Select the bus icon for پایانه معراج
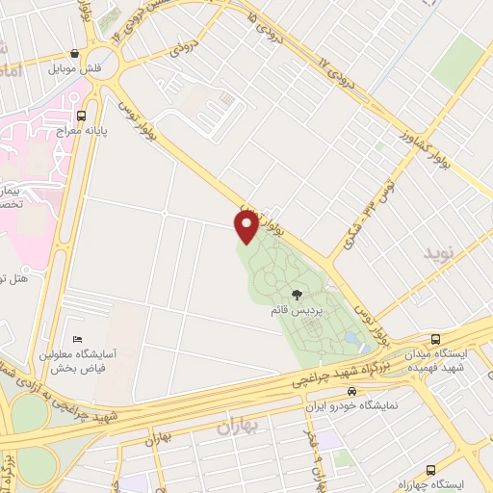click(x=93, y=111)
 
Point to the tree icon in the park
click(x=297, y=295)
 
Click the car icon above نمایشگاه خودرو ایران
click(x=351, y=391)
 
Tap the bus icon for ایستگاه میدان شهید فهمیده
click(x=436, y=339)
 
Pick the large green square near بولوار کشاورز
click(x=457, y=64)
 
